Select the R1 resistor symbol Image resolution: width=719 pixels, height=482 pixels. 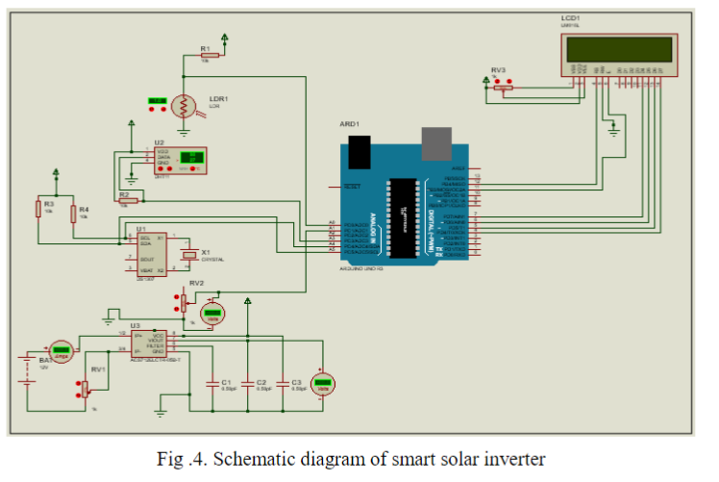tap(210, 55)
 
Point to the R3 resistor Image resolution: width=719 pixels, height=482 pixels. tap(39, 209)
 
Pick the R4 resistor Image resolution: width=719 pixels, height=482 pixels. tap(73, 209)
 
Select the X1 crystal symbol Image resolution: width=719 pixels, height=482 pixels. tap(191, 254)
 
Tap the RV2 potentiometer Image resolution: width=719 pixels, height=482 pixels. tap(183, 303)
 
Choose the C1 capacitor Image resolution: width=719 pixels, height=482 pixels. tap(212, 382)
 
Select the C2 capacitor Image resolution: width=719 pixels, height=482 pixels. tap(247, 382)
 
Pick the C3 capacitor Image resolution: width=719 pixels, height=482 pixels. tap(283, 382)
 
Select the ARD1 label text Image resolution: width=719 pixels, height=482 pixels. tap(350, 125)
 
